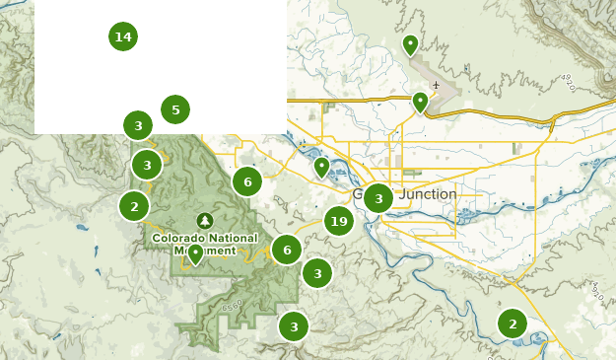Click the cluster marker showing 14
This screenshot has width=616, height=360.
pos(122,36)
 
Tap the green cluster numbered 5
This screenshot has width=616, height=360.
pos(174,109)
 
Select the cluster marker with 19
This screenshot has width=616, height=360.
pos(338,221)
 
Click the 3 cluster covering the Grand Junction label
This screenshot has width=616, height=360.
pos(377,198)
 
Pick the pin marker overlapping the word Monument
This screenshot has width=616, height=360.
pos(196,253)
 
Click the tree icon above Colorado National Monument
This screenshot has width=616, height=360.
pos(205,220)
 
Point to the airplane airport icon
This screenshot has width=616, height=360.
pos(435,85)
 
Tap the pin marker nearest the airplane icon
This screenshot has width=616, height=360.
pos(420,101)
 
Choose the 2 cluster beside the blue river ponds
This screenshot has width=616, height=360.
pos(512,323)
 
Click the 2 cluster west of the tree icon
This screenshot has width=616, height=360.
pos(134,206)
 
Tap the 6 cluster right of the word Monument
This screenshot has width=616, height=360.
pos(286,250)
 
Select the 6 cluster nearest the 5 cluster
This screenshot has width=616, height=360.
pos(246,180)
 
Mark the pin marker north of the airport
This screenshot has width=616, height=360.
pos(410,44)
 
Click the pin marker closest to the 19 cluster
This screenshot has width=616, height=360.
pos(321,166)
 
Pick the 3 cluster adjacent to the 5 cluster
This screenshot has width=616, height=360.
pos(138,125)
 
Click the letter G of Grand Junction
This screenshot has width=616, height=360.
pos(361,194)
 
